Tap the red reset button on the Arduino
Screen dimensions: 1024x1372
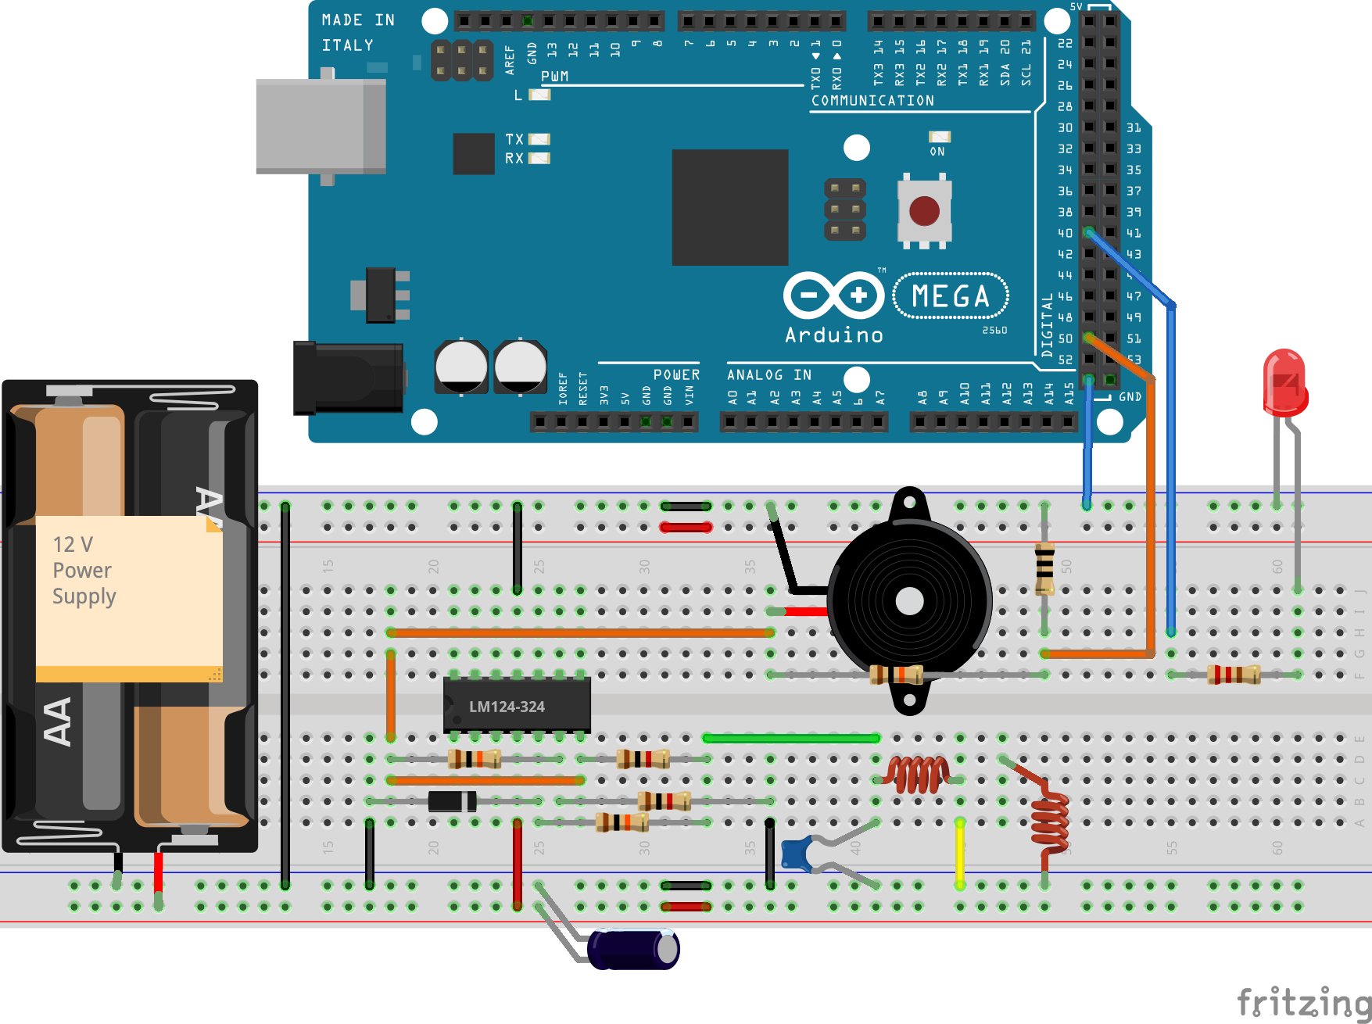924,210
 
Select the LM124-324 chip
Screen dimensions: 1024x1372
517,706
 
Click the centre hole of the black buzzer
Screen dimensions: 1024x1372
909,601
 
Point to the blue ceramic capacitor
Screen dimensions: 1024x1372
797,853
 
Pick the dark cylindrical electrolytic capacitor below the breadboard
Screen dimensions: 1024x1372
634,949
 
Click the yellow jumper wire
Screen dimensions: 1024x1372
960,853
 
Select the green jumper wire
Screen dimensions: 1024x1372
791,738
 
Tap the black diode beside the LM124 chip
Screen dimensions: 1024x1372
452,801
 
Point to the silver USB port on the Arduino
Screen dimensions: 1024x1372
321,126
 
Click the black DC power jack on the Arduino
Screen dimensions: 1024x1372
349,378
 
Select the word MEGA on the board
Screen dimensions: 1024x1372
951,296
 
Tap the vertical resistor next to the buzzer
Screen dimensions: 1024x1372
1044,568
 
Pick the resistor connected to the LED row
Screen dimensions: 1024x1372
1234,674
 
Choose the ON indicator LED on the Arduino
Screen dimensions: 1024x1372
939,137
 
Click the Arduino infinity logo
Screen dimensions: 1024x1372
833,295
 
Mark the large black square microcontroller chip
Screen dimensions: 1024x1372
730,207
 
